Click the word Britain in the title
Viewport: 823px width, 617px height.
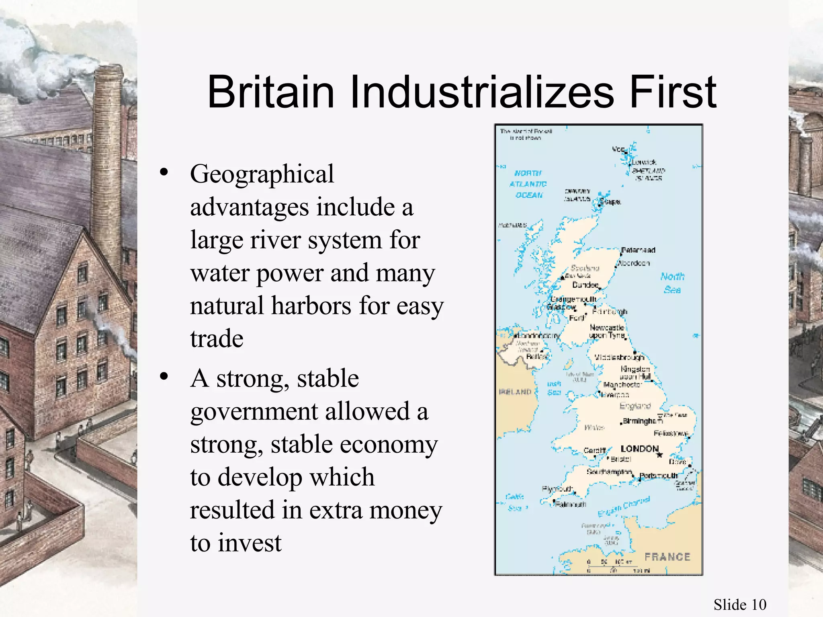click(x=271, y=92)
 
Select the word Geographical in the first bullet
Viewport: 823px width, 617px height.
click(x=262, y=174)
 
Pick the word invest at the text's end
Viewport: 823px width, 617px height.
click(x=250, y=543)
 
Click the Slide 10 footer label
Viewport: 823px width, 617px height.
click(x=740, y=605)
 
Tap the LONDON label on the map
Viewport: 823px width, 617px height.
click(x=639, y=449)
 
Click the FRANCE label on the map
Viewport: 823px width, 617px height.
click(x=667, y=557)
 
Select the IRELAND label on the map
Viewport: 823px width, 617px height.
click(x=515, y=392)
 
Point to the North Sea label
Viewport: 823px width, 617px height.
click(x=672, y=283)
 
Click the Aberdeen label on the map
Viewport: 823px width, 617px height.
click(x=635, y=264)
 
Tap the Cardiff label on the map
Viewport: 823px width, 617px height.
click(x=594, y=451)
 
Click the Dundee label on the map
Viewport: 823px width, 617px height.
click(x=585, y=285)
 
